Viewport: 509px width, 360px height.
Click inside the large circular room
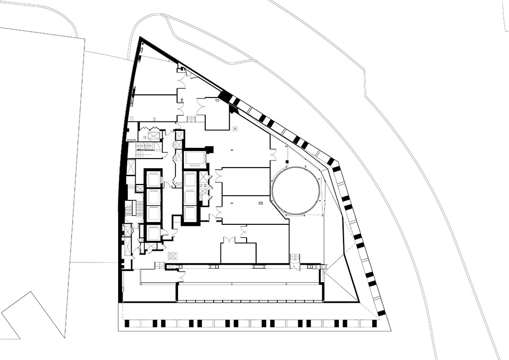click(296, 190)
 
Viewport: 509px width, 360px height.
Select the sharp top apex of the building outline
click(140, 38)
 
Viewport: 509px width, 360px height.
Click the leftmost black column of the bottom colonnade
click(127, 323)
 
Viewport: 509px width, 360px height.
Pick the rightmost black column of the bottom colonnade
click(374, 323)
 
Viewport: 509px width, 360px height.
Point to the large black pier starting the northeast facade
click(226, 97)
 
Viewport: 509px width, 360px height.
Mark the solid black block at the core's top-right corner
click(209, 150)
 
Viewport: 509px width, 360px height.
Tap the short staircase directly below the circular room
click(294, 258)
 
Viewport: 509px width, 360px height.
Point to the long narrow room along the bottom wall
click(249, 292)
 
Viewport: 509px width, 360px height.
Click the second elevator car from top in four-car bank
click(153, 197)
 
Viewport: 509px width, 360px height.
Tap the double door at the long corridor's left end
click(181, 275)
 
